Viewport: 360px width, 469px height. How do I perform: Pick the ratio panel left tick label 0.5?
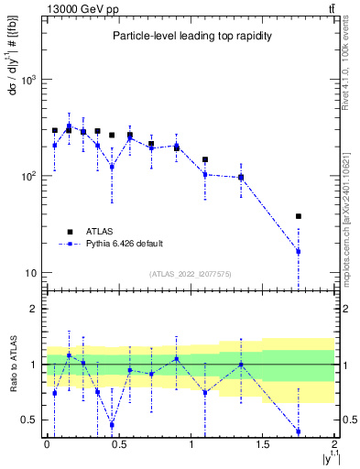pyautogui.click(x=29, y=420)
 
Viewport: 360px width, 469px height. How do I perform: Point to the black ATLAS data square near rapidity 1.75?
pyautogui.click(x=299, y=216)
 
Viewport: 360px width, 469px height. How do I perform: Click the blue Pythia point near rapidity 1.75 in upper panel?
pyautogui.click(x=299, y=251)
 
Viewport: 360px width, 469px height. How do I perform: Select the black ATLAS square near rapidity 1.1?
pyautogui.click(x=205, y=159)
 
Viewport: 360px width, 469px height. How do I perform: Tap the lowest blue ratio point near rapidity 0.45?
pyautogui.click(x=112, y=424)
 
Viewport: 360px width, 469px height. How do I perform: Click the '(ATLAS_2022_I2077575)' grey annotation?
pyautogui.click(x=189, y=274)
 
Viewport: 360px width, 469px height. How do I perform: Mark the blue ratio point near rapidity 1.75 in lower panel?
pyautogui.click(x=299, y=431)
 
